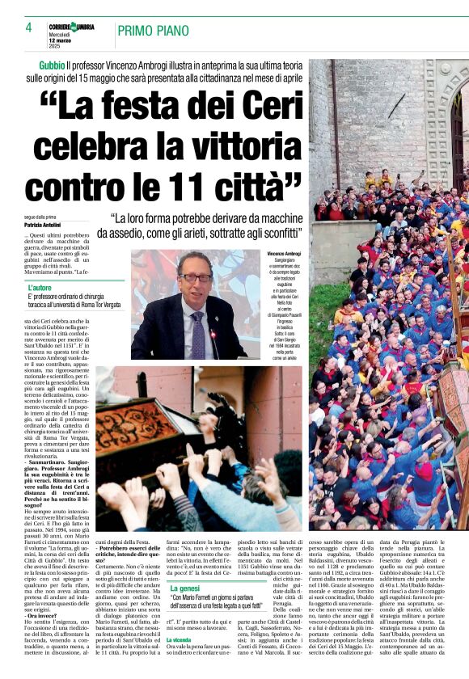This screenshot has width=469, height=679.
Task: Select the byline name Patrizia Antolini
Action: click(x=44, y=224)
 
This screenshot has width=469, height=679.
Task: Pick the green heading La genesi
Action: click(x=187, y=588)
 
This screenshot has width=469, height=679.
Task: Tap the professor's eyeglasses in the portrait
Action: click(x=195, y=277)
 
